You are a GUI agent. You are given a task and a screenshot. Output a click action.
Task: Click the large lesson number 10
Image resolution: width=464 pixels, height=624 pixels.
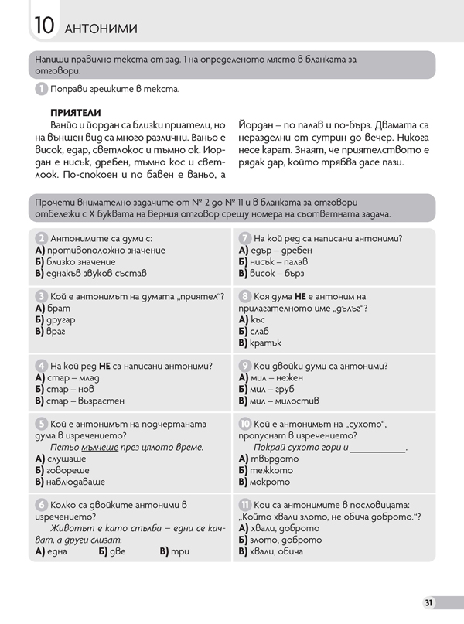[x=44, y=27]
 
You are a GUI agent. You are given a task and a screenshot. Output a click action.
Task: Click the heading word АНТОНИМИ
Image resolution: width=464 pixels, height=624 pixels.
[x=102, y=29]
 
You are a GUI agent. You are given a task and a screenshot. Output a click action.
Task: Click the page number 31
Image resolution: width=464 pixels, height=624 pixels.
[x=429, y=603]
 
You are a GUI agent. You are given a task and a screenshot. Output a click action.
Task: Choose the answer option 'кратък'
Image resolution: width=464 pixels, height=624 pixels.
[x=271, y=343]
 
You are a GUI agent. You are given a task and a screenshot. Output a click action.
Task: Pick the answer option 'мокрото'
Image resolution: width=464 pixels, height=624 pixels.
[x=273, y=482]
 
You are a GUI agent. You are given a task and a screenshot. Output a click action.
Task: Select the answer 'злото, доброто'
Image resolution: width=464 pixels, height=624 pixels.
[x=286, y=540]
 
